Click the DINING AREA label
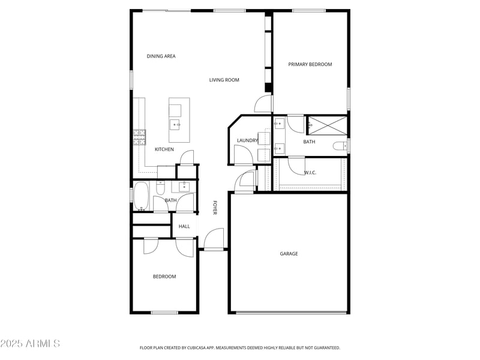[x=161, y=56]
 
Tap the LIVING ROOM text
[x=224, y=80]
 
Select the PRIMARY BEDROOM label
[x=310, y=64]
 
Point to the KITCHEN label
[x=164, y=149]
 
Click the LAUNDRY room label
[x=247, y=141]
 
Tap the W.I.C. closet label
[x=310, y=173]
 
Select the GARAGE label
[x=289, y=254]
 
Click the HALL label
[x=184, y=226]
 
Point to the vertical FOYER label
[x=215, y=208]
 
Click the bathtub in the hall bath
[x=142, y=196]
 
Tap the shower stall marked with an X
[x=327, y=125]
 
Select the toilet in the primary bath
[x=340, y=146]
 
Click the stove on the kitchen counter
[x=140, y=138]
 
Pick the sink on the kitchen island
[x=176, y=125]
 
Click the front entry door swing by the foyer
[x=214, y=239]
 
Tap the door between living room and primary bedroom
[x=263, y=104]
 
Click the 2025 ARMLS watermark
[x=30, y=344]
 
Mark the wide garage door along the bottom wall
[x=291, y=313]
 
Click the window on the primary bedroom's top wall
[x=308, y=10]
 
